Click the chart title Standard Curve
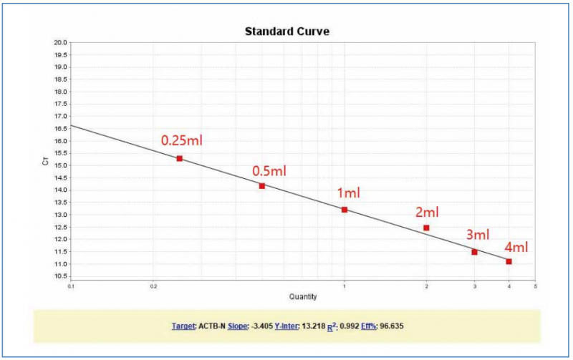point(286,31)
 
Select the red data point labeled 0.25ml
point(179,158)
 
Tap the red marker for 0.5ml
point(262,186)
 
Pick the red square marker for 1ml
point(345,210)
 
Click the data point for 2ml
point(426,228)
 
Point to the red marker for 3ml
point(474,252)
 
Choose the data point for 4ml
point(509,261)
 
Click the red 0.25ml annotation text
point(181,140)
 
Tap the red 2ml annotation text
point(427,212)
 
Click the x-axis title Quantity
point(303,297)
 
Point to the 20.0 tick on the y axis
point(61,42)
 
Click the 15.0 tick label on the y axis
point(61,165)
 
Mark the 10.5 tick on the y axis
point(61,276)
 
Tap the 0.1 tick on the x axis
point(72,286)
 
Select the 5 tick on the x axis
point(535,286)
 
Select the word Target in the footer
point(183,326)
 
